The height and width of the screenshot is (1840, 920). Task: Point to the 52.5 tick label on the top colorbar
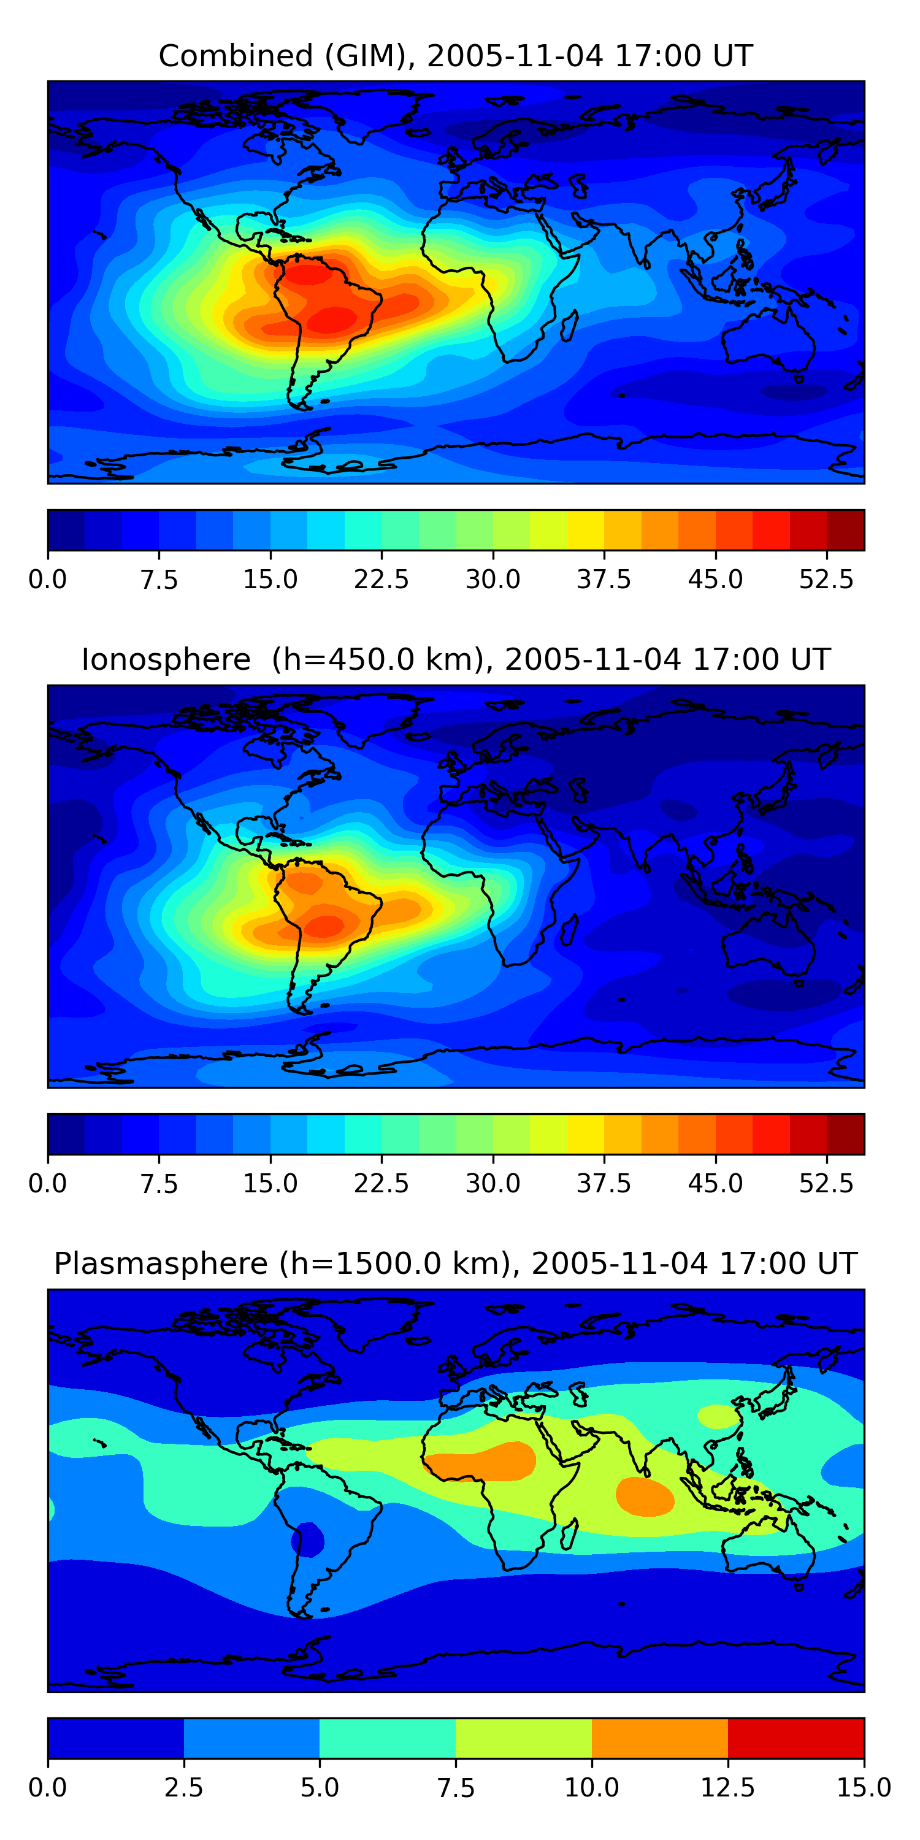(826, 579)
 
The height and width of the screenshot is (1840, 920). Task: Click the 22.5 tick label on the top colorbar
(381, 579)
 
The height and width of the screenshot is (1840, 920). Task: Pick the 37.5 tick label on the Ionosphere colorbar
(604, 1184)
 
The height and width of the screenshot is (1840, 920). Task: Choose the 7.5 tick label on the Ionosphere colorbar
(159, 1184)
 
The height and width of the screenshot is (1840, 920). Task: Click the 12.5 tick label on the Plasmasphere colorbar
(728, 1788)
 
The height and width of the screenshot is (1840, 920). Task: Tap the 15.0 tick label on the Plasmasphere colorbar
(864, 1788)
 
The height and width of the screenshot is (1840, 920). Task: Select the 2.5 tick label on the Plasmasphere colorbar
(183, 1788)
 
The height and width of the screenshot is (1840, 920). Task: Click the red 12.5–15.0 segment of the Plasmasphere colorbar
(797, 1738)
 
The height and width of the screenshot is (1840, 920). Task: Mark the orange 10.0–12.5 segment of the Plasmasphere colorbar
(660, 1738)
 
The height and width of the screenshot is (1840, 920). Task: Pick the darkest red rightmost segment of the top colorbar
(846, 530)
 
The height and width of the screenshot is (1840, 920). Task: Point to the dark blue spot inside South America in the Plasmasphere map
(308, 1539)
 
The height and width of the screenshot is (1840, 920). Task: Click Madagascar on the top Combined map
(569, 326)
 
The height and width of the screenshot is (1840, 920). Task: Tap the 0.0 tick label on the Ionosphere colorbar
(48, 1184)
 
